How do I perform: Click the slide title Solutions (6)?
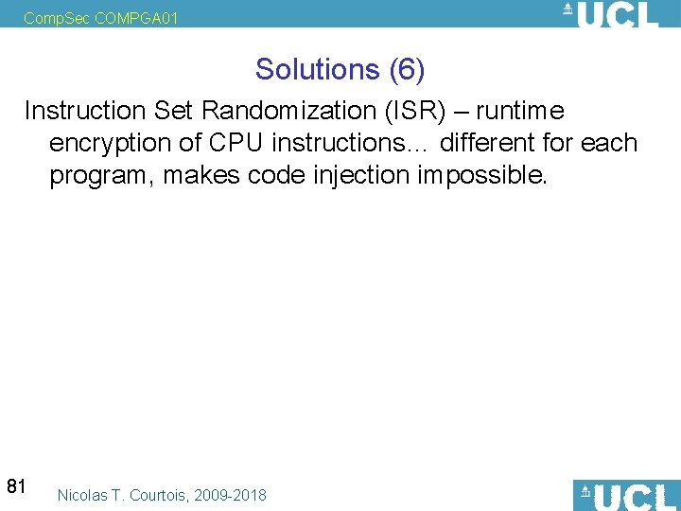[x=340, y=69]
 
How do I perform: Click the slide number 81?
[x=16, y=487]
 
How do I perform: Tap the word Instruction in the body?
[x=82, y=112]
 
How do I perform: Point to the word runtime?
[x=519, y=112]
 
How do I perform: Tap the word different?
[x=496, y=144]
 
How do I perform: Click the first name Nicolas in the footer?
[x=81, y=495]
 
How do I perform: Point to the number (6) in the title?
[x=406, y=69]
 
